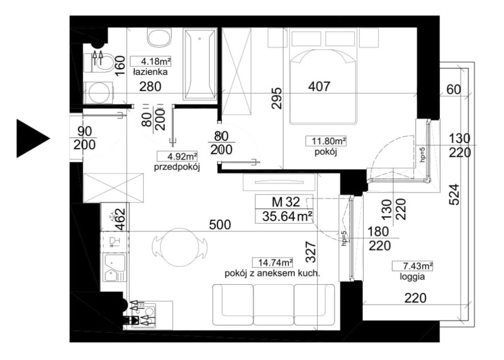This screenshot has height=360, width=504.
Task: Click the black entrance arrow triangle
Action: [31, 138]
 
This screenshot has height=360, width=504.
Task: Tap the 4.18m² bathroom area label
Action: [151, 61]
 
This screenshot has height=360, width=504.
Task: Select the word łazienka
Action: [151, 72]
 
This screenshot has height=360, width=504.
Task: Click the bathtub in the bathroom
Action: [200, 64]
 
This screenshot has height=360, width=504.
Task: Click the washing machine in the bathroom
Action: [99, 93]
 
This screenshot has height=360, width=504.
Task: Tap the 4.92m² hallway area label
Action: [177, 156]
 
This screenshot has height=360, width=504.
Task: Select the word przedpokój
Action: [177, 167]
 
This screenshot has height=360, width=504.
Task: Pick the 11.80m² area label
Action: [326, 141]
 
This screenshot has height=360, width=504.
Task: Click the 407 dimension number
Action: [319, 86]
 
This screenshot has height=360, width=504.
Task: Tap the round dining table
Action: [179, 247]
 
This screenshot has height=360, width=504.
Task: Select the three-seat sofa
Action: [274, 305]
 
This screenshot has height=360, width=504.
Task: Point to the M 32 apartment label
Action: [286, 202]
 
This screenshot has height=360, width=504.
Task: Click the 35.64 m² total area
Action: [287, 217]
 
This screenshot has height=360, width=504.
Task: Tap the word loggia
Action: [412, 276]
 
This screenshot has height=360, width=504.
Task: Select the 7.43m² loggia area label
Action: [413, 266]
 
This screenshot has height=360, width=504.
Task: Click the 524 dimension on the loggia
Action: [454, 195]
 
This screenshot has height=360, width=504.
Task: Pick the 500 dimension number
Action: [220, 225]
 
